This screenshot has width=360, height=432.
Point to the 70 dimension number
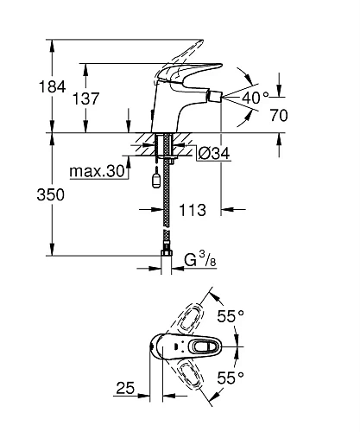coord(301,112)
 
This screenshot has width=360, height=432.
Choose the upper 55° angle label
coord(231,318)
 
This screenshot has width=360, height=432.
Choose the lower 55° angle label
coord(231,378)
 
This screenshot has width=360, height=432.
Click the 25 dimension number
coord(125,390)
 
